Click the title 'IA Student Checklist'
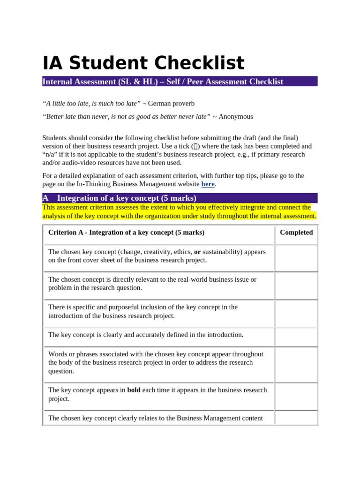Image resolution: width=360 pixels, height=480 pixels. [143, 63]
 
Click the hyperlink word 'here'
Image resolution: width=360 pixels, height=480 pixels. [208, 184]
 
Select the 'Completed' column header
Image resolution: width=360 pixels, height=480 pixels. [296, 232]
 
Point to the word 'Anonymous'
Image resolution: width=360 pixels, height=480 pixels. [235, 117]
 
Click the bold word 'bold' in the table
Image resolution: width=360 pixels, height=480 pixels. [134, 390]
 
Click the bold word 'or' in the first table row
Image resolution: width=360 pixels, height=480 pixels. [197, 252]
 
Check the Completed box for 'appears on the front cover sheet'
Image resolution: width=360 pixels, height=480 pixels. [296, 258]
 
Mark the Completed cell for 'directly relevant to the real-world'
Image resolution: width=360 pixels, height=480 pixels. [296, 285]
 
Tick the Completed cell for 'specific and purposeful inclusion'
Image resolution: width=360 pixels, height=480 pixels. [296, 313]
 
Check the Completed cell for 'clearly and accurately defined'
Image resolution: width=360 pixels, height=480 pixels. [296, 337]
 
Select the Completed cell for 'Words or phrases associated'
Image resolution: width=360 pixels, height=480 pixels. [296, 364]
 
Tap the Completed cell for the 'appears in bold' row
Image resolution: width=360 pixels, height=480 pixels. [296, 396]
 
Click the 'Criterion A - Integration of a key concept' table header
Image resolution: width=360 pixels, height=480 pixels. [126, 232]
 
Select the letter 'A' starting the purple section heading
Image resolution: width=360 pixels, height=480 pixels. [45, 198]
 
